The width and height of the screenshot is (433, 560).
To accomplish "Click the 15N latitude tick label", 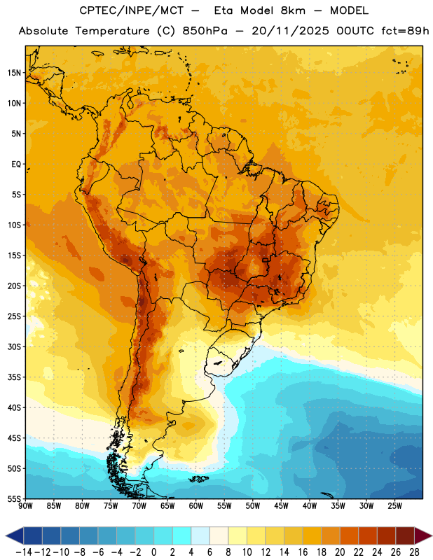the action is (x=14, y=73).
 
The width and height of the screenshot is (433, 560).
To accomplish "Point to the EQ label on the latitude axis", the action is (x=16, y=164).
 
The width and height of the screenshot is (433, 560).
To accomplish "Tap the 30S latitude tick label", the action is (x=14, y=346).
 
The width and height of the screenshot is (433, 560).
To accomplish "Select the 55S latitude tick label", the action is (x=14, y=498).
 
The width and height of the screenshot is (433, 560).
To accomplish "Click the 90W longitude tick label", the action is (x=25, y=505).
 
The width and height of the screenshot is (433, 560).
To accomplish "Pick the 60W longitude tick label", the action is (x=196, y=505).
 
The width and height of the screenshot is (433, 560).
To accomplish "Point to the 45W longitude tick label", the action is (x=281, y=505).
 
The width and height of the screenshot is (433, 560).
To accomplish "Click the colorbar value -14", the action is (x=24, y=552).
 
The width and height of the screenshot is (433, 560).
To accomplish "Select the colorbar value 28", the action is (x=413, y=552).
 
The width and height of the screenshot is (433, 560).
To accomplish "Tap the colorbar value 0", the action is (x=153, y=552).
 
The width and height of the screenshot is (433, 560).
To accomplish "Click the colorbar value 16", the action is (x=303, y=552).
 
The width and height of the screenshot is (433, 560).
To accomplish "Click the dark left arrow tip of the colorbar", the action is (x=6, y=536).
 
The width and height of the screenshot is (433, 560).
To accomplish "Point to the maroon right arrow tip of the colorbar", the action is (x=432, y=536).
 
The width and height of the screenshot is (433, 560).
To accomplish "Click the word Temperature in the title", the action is (x=112, y=31).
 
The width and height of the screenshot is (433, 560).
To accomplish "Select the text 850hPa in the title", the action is (x=205, y=31).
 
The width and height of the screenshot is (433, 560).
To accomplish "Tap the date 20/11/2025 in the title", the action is (x=290, y=31).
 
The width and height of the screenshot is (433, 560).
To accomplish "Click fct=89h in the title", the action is (x=405, y=31).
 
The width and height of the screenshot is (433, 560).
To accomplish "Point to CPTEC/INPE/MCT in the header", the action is (x=132, y=10).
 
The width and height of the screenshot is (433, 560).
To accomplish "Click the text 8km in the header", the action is (x=293, y=10).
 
